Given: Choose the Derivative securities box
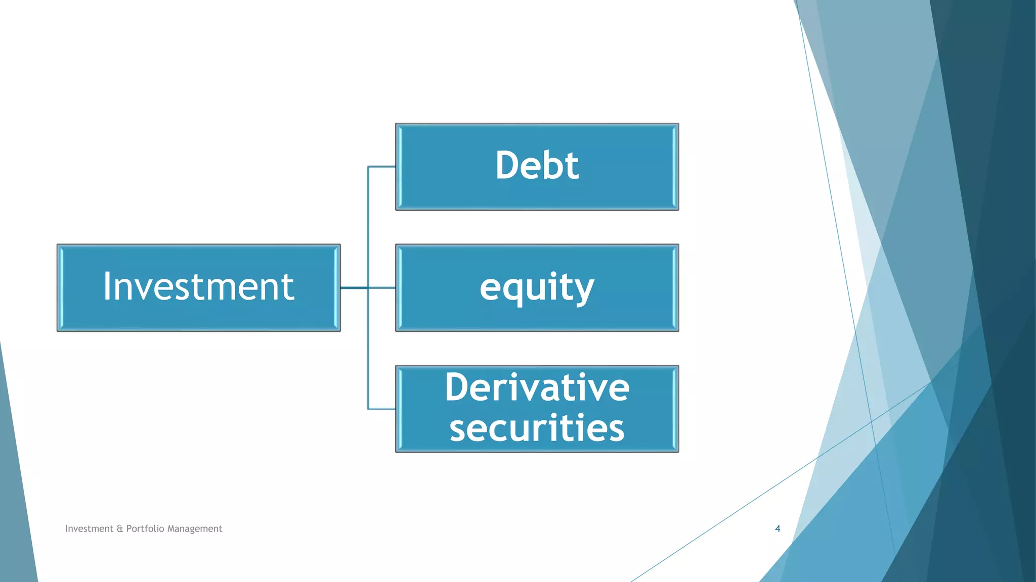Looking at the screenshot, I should coord(537,408).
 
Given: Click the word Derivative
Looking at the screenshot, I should coord(537,388).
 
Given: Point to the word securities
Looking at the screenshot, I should coord(537,428).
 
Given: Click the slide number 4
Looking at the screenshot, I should coord(778,528).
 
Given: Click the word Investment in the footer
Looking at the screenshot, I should coord(89,528).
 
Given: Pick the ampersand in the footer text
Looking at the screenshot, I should coord(120,529).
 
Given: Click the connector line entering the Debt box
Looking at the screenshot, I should coord(382,167).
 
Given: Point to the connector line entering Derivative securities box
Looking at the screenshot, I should coord(382,409).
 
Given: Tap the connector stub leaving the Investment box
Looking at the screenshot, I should coord(354,288).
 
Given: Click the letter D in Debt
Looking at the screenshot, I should coord(506,166).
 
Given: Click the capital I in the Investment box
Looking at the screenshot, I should coord(107,286).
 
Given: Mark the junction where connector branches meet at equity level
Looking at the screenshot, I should coord(368,288).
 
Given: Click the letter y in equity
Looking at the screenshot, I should coord(584,290).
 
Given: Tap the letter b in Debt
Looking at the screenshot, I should coord(547,165).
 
